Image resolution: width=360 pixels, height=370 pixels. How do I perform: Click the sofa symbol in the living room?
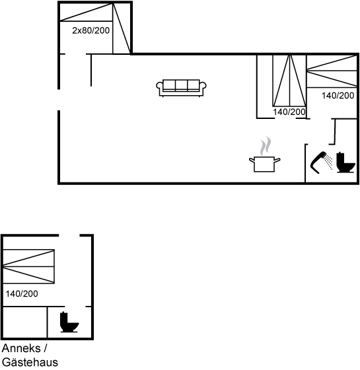pos(181,88)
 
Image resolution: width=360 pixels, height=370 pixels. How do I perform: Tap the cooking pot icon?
pos(264,164)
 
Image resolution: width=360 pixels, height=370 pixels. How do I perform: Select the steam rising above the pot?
pos(266,146)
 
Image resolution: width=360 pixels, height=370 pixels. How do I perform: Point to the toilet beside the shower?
pos(345,163)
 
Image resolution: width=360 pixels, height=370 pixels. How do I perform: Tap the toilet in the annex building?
pos(69,322)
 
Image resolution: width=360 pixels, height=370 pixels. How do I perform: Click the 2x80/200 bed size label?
pos(91,30)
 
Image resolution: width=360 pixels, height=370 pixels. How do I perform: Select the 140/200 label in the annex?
pos(22,294)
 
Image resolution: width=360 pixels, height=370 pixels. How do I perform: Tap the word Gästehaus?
pos(30,362)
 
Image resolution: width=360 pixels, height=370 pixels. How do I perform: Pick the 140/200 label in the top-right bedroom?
pos(338,96)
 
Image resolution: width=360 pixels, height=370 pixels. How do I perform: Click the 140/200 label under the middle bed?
pos(289,112)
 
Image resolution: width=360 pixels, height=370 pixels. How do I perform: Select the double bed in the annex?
pos(28,266)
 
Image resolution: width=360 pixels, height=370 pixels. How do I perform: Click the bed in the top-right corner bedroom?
pos(332,71)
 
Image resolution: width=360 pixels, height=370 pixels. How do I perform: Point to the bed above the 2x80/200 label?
pos(87,12)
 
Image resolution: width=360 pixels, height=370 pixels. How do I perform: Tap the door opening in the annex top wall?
pos(69,235)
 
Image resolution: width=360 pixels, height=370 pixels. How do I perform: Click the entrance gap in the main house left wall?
pos(59,100)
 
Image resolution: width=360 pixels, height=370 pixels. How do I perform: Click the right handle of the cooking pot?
pos(277,161)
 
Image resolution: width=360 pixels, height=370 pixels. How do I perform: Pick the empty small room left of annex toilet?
pos(25,322)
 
